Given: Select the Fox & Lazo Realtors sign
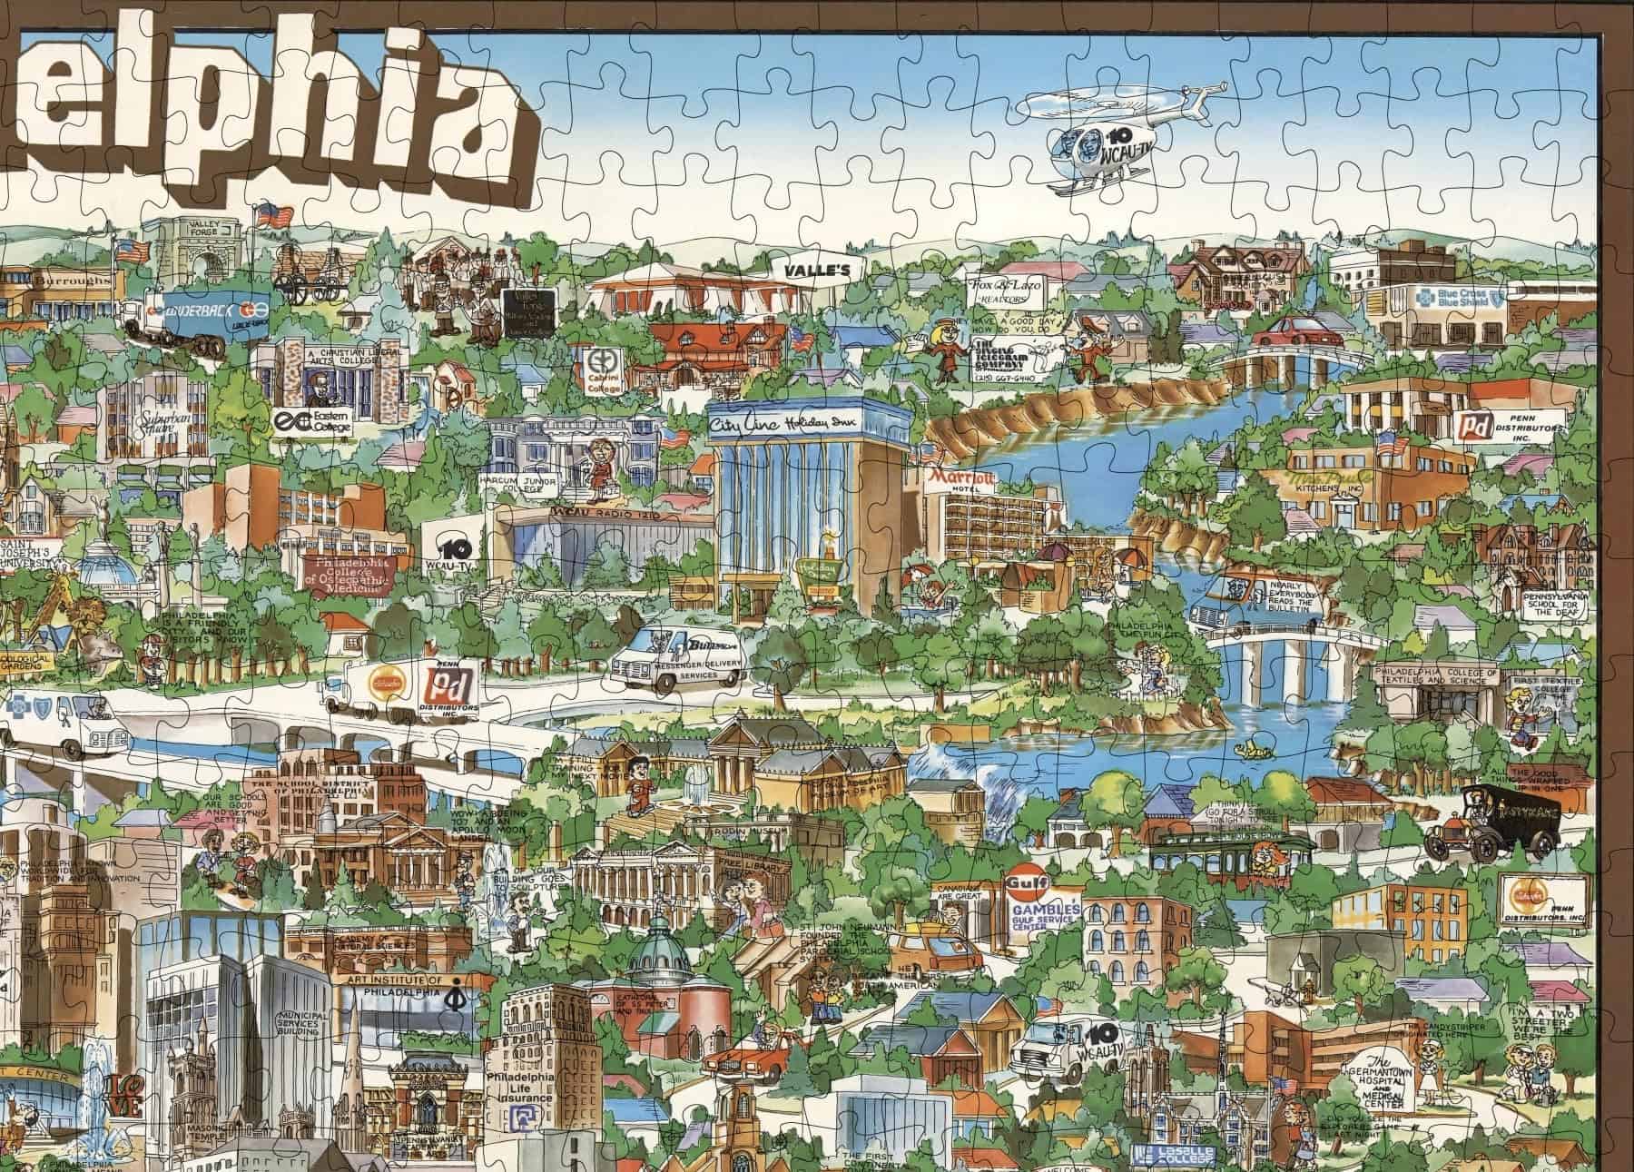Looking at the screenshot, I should [x=1005, y=291].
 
